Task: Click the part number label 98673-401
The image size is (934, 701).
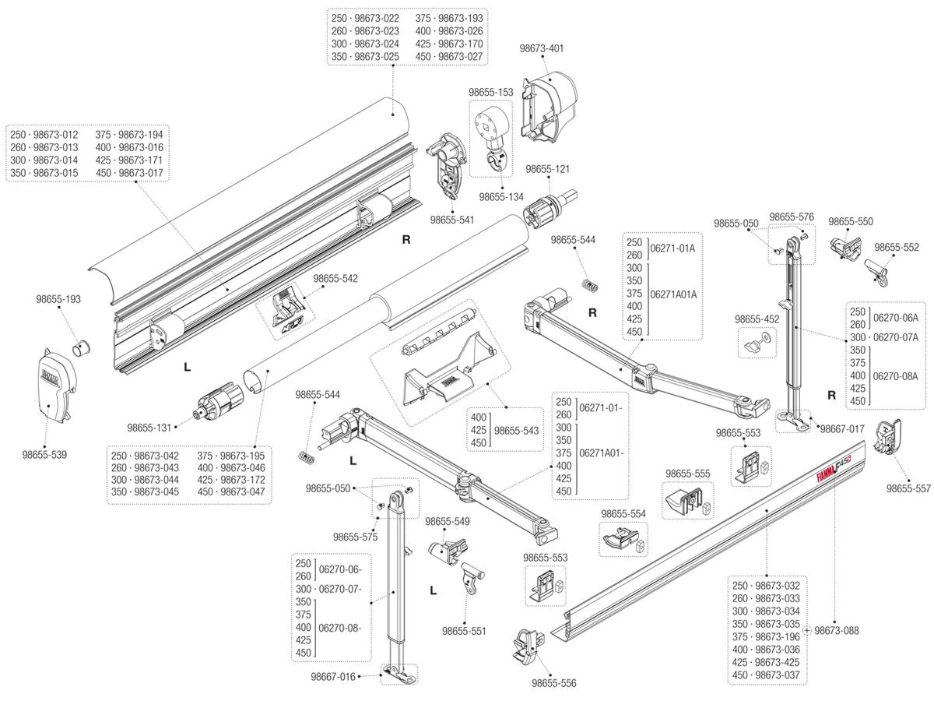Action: [542, 48]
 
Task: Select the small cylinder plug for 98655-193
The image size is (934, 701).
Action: [82, 345]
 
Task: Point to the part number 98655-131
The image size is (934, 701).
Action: [149, 427]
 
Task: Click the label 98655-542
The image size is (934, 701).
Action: [336, 278]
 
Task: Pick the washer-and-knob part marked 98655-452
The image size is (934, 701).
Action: [755, 342]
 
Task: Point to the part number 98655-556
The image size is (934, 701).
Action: [554, 683]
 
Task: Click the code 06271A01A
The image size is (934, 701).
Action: [672, 294]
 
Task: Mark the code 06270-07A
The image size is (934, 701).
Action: [894, 336]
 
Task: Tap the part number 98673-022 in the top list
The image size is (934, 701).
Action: [375, 18]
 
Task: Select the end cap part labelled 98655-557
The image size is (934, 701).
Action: [889, 442]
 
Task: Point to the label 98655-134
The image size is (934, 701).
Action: [501, 196]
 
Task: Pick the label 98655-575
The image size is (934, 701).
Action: [355, 537]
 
